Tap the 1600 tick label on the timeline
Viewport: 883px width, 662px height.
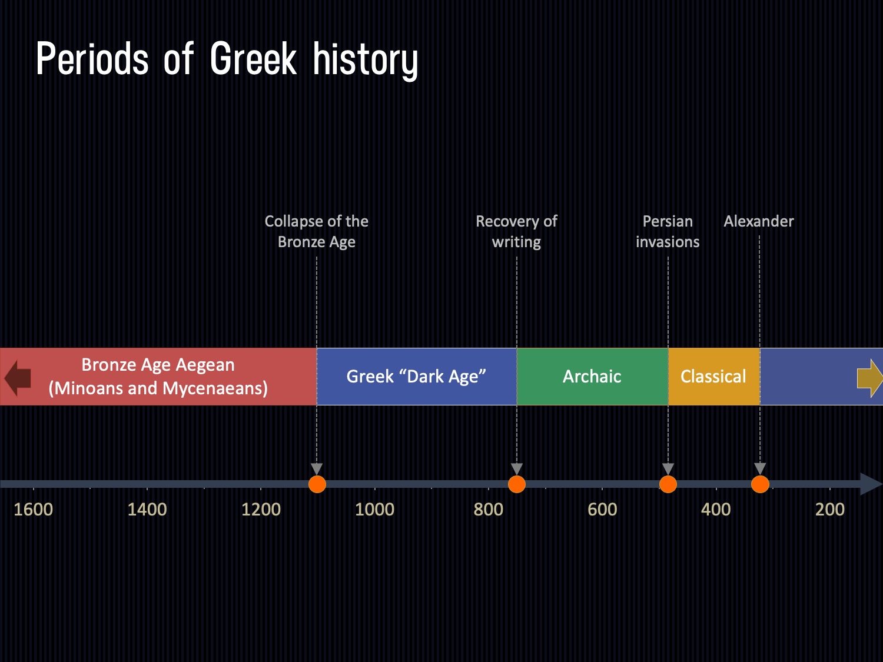[x=34, y=509]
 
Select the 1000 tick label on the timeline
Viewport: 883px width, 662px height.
[x=374, y=509]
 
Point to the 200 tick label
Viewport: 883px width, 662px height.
[x=829, y=509]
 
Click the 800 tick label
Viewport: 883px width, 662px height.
[x=489, y=509]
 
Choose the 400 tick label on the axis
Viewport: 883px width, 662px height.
[x=716, y=509]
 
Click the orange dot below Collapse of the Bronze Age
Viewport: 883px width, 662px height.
[x=317, y=484]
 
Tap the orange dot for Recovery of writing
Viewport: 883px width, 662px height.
[x=517, y=484]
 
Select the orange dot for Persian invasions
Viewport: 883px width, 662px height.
[x=668, y=484]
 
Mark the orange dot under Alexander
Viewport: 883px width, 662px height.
[x=760, y=484]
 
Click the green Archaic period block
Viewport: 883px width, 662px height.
[x=592, y=377]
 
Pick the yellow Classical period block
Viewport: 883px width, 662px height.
[x=713, y=377]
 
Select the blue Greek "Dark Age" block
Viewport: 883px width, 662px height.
[x=416, y=377]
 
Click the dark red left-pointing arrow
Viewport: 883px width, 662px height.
[x=18, y=377]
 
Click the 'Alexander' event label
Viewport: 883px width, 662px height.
[x=759, y=221]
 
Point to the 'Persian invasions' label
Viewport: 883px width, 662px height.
[x=668, y=231]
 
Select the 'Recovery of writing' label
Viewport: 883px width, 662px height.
[x=516, y=231]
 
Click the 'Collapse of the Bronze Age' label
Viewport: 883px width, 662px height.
[x=317, y=231]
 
